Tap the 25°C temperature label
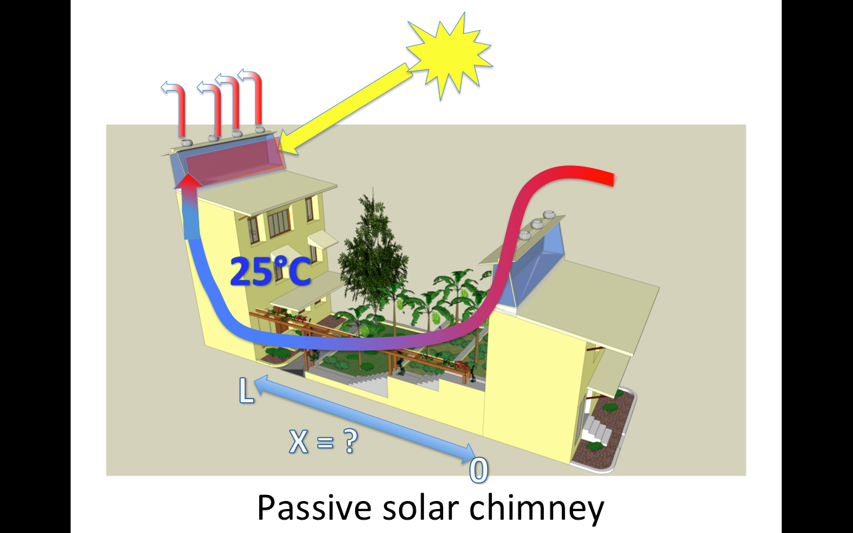pos(271,271)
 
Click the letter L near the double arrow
pos(245,391)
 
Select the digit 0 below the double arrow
pos(478,470)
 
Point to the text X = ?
pos(323,442)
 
